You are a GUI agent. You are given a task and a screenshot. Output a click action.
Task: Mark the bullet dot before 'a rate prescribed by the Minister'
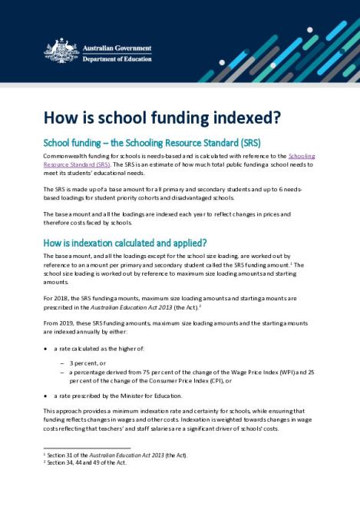click(x=46, y=395)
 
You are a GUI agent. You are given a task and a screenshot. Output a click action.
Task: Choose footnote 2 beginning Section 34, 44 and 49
click(x=88, y=462)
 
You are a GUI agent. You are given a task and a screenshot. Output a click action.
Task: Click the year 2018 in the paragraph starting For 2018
click(x=61, y=296)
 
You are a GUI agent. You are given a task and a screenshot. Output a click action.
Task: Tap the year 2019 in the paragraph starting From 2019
click(x=67, y=322)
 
